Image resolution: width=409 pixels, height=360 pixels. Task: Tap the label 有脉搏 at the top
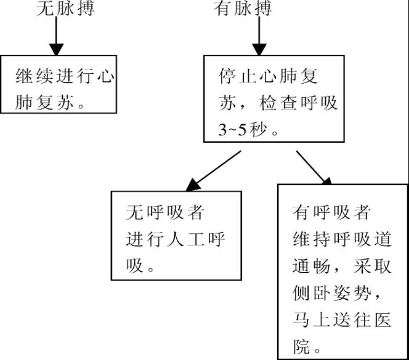click(243, 9)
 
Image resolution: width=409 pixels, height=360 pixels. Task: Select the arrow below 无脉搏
click(56, 39)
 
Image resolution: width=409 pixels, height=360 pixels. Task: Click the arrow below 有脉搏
click(260, 39)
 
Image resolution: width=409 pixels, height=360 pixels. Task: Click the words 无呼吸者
click(164, 213)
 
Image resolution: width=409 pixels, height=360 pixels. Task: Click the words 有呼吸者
click(332, 213)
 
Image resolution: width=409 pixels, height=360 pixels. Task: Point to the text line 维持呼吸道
click(344, 239)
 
